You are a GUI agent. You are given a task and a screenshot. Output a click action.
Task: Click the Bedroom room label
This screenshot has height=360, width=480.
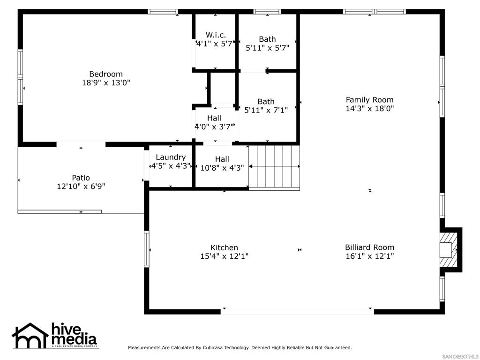106,74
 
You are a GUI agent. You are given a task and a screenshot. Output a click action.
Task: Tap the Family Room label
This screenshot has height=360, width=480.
369,100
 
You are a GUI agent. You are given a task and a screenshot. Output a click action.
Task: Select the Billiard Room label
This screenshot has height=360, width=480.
369,247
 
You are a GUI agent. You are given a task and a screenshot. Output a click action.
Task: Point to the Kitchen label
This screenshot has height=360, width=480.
224,247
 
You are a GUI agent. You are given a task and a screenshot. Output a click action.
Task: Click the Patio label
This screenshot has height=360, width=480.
81,178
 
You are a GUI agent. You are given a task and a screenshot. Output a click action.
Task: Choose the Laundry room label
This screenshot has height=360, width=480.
171,157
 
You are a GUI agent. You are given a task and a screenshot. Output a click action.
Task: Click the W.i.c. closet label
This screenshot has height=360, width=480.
216,35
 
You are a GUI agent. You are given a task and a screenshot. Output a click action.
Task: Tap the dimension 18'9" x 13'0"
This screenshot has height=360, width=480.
106,82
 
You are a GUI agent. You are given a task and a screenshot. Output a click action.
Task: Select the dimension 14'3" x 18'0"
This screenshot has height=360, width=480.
369,108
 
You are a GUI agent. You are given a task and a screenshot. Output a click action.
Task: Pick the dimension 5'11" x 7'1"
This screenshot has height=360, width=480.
266,110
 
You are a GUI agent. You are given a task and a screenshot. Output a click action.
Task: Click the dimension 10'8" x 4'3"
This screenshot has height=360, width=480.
222,168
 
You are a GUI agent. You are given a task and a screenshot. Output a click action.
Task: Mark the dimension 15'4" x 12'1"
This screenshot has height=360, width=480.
224,256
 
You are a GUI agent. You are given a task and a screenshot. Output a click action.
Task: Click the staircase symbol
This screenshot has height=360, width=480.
274,167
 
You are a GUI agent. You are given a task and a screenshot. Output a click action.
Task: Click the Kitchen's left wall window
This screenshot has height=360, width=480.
147,249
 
